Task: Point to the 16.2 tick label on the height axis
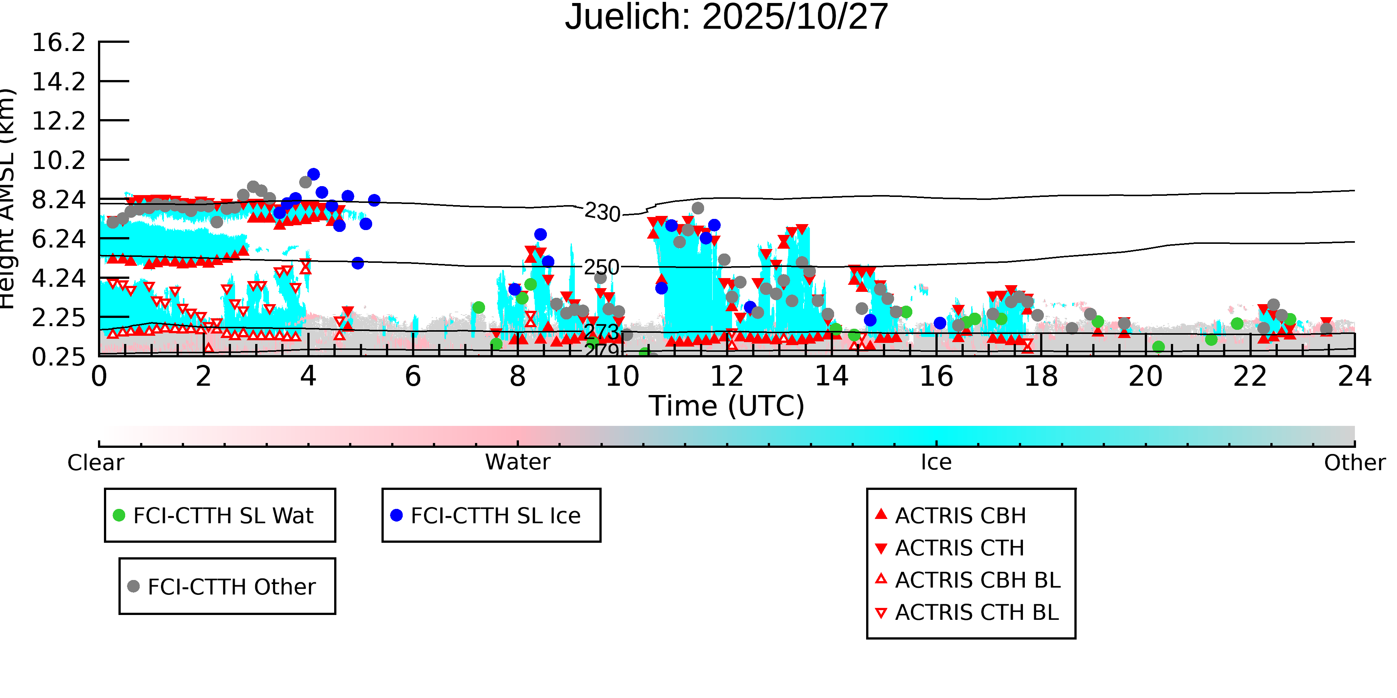[x=58, y=43]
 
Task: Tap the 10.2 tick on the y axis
[x=58, y=161]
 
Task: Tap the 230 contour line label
[x=602, y=213]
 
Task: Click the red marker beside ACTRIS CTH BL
[x=881, y=613]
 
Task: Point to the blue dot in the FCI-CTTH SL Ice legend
[x=396, y=515]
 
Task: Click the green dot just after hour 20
[x=1158, y=347]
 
